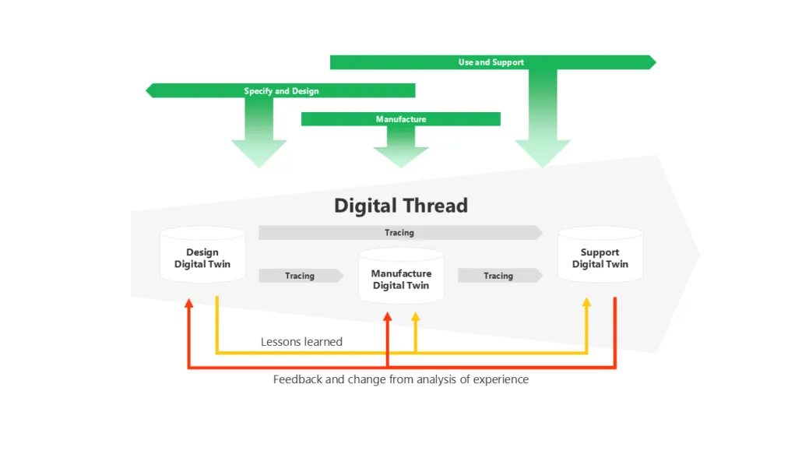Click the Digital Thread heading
tap(401, 206)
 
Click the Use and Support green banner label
tap(491, 62)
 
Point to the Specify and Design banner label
tap(281, 91)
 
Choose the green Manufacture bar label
tap(401, 119)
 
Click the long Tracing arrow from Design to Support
tap(399, 232)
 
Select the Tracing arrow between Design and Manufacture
tap(301, 276)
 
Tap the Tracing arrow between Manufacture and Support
tap(499, 276)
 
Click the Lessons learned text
tap(301, 341)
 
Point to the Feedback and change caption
tap(401, 379)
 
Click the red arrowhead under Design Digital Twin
tap(188, 303)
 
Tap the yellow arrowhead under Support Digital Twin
tap(586, 302)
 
